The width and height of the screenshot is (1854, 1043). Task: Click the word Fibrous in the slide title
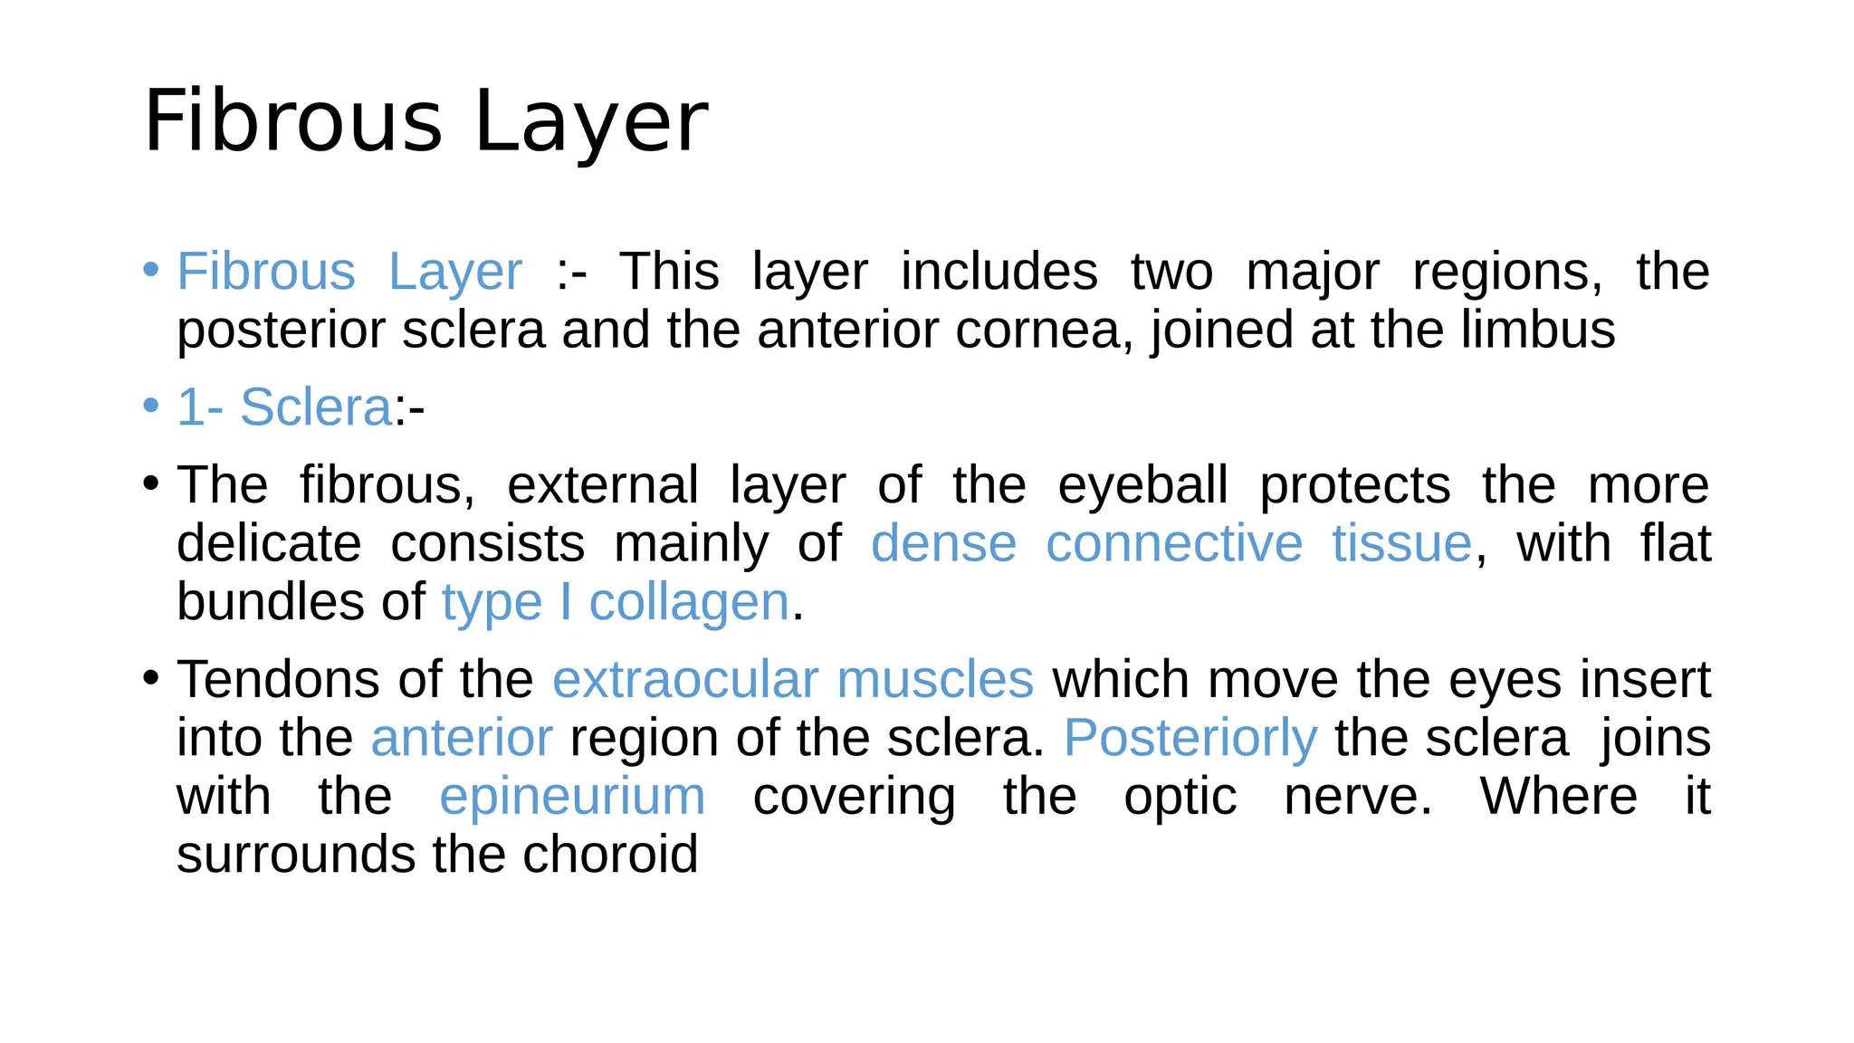292,121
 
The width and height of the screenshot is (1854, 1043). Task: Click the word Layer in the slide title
591,121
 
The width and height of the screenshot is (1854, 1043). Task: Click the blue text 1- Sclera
284,407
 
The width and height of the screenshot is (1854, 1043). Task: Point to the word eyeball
1142,485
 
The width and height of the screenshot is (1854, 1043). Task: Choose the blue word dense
943,544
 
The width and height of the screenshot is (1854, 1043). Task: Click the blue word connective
1174,544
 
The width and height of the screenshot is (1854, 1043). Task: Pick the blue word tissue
1401,544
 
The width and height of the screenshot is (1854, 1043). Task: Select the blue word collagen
689,603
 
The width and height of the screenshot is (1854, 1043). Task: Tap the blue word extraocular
685,680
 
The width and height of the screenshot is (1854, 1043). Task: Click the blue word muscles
935,680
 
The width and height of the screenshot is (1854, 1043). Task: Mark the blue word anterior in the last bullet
462,738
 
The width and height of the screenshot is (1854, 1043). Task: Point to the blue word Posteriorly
1190,740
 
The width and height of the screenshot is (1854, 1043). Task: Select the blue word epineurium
572,798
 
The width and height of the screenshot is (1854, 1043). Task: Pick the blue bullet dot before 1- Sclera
151,406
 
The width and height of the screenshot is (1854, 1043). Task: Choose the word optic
1180,799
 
